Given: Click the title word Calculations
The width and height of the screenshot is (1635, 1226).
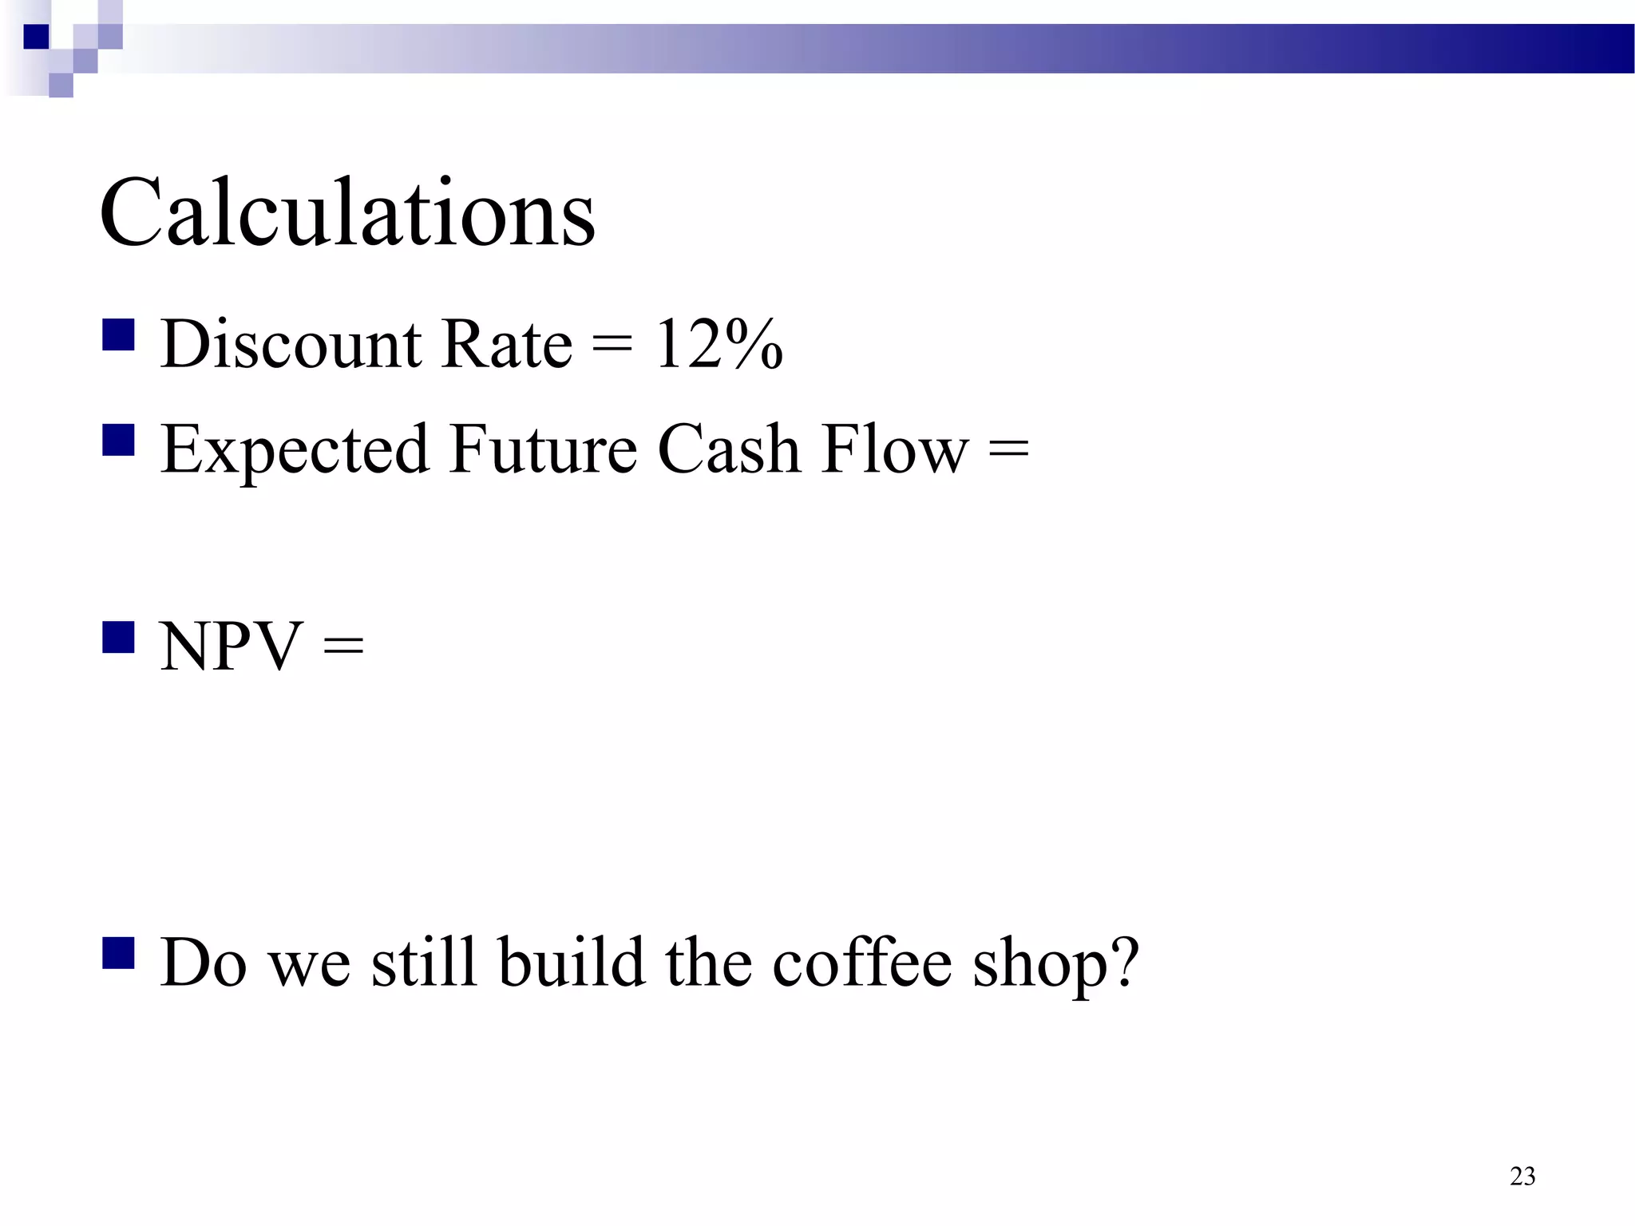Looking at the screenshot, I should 347,213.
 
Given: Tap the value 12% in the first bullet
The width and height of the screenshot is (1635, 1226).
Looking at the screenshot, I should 719,344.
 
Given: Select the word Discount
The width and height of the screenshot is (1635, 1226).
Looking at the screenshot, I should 291,344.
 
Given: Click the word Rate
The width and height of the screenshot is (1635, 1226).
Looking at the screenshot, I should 507,344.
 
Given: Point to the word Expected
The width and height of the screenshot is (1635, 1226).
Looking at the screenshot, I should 295,449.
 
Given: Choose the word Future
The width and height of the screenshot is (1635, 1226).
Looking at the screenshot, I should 543,449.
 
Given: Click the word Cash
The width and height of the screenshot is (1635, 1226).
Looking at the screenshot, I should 729,449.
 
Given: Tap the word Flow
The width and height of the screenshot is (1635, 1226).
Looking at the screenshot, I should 895,449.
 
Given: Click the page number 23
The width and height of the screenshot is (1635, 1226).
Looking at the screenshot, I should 1522,1176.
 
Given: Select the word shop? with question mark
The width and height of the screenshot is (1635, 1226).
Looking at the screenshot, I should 1055,963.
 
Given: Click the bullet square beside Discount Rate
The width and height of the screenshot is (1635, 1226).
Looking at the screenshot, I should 118,335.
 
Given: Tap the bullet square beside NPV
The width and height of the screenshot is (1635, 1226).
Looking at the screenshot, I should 118,638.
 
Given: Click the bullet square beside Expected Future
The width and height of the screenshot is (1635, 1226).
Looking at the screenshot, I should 118,440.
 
